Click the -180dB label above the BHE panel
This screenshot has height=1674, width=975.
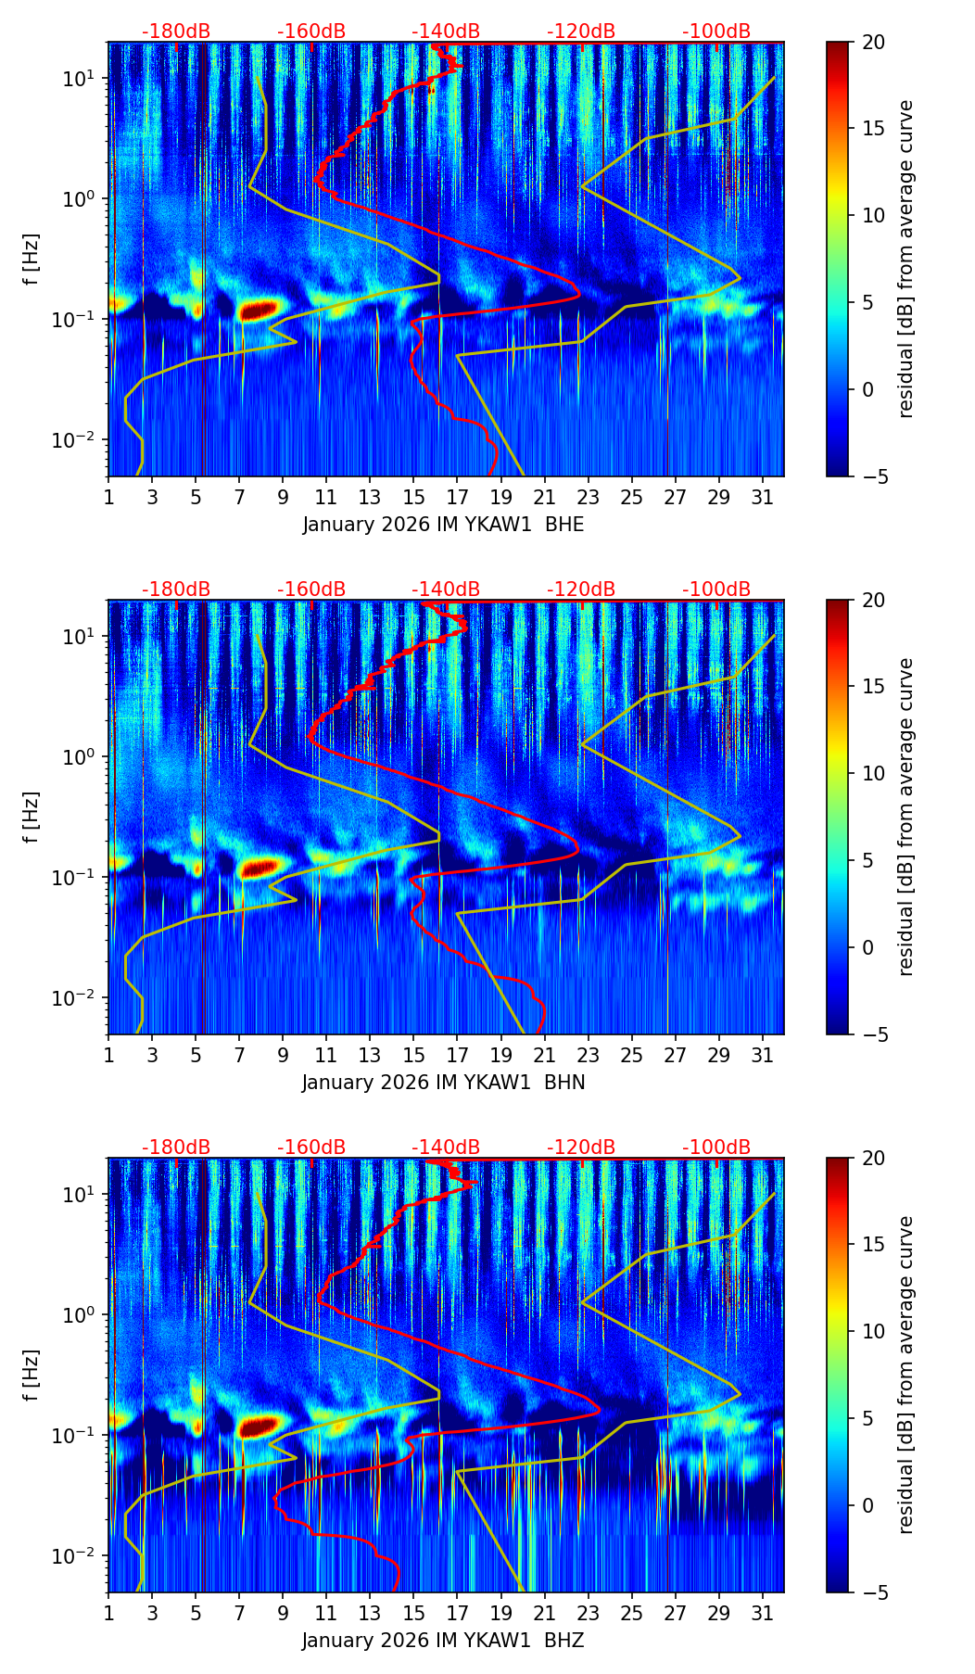click(176, 32)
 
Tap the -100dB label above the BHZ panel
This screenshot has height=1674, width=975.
click(716, 1148)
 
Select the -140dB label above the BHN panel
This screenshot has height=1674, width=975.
click(446, 590)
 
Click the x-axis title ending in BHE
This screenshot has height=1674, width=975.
click(443, 525)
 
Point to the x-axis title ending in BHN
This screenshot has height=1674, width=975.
click(443, 1083)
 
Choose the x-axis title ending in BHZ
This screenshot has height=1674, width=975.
click(443, 1641)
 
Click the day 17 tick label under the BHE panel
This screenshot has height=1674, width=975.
click(458, 497)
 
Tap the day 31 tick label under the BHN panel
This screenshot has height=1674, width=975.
click(763, 1055)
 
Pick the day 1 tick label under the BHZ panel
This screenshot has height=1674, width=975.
click(109, 1613)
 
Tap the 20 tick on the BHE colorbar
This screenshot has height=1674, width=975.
click(873, 43)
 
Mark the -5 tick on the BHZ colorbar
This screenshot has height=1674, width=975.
click(873, 1592)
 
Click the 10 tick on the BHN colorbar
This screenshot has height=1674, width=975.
click(873, 773)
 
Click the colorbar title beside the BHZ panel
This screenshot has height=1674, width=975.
click(905, 1375)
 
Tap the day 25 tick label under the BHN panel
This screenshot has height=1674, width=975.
click(632, 1055)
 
